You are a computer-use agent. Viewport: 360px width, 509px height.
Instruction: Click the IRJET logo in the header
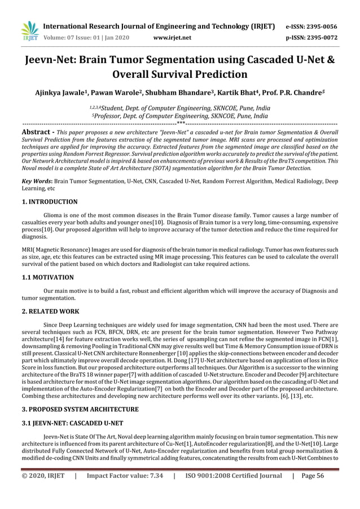(x=28, y=32)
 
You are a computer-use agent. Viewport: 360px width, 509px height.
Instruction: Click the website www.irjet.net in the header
(x=172, y=38)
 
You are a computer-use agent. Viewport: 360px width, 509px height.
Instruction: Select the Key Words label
(x=36, y=182)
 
